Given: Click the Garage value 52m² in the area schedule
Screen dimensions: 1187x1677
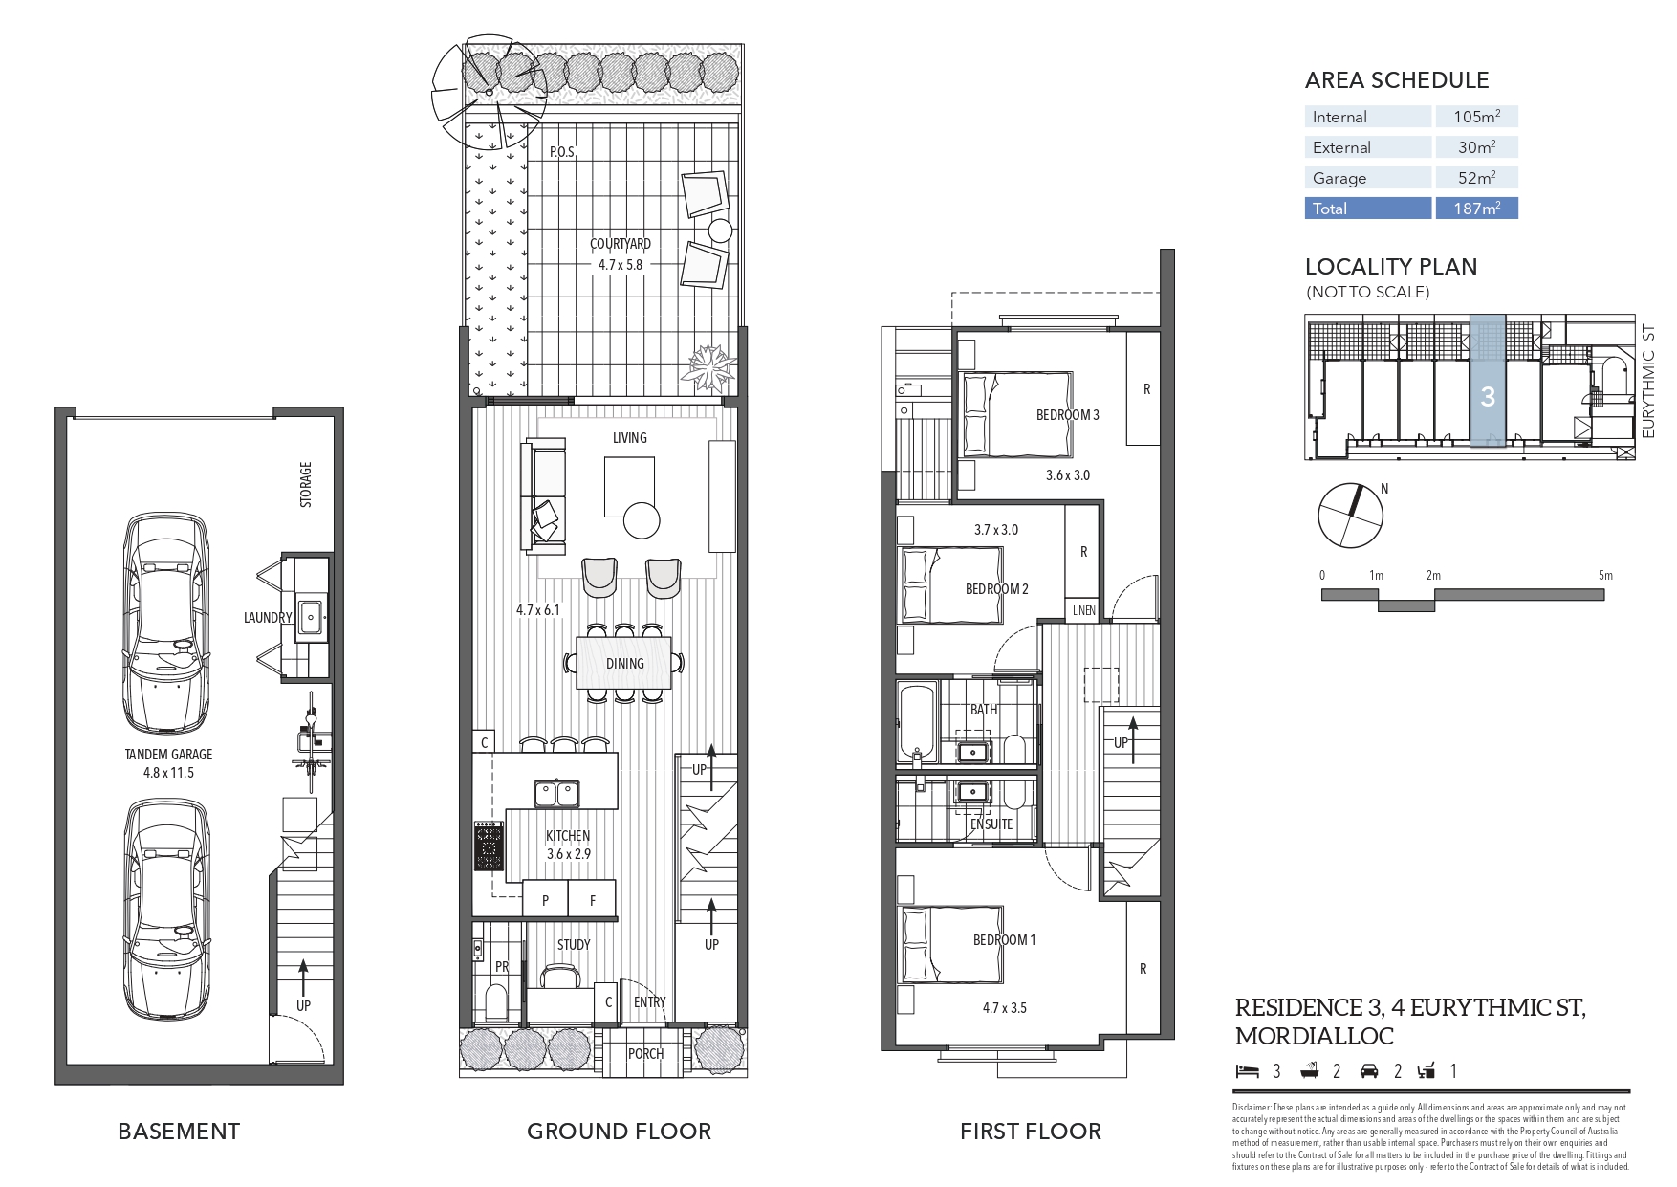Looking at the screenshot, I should coord(1476,178).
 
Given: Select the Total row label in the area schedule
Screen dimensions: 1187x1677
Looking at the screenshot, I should coord(1330,209).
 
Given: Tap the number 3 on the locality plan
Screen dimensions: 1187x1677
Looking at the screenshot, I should coord(1487,396).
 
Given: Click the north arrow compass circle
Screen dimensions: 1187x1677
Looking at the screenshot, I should coord(1350,517).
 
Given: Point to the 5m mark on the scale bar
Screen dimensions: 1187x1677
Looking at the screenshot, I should coord(1604,576).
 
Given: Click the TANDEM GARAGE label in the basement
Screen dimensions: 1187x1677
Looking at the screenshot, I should coord(168,755).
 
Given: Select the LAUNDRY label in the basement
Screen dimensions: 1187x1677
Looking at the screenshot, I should coord(267,618).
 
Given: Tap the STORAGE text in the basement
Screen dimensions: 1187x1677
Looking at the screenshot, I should coord(306,484).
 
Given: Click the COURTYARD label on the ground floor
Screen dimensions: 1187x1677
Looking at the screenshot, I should coord(620,245).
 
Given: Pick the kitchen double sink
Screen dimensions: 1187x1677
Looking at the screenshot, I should coord(555,794).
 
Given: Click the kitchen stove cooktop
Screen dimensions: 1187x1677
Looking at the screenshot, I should coord(489,846).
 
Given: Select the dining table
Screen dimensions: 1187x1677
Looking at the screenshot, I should coord(624,664).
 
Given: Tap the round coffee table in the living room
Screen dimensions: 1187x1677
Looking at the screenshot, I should coord(642,521).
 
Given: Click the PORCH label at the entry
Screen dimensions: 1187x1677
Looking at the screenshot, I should coord(645,1054).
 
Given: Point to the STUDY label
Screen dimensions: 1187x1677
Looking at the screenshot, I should coord(574,945).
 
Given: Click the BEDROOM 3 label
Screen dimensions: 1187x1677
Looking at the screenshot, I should coord(1067,415).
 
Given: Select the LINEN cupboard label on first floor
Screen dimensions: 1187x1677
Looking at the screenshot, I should coord(1083,610).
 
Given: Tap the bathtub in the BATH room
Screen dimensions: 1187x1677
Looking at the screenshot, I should coord(917,722).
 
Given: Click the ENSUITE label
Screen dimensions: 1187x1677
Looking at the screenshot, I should coord(991,824).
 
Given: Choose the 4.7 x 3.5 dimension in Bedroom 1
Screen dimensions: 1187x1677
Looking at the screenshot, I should coord(1004,1008).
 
